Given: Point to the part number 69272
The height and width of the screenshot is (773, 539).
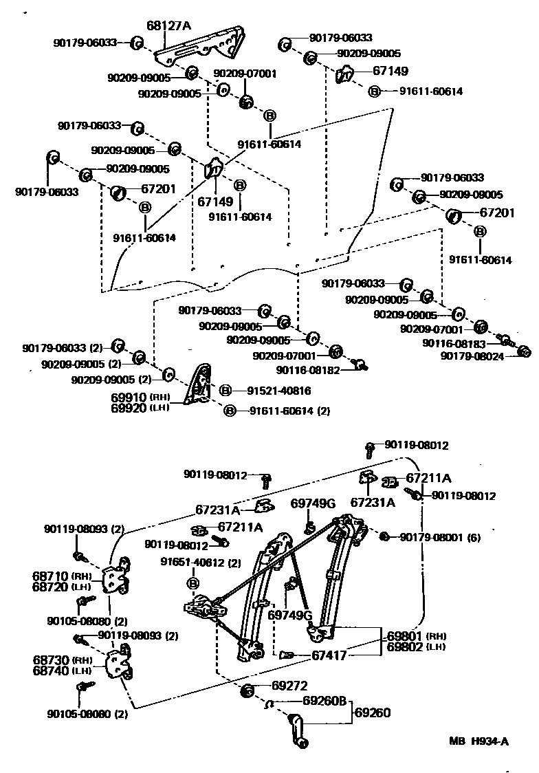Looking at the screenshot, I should pos(289,686).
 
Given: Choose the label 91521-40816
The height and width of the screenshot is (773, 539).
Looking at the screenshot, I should pos(279,391).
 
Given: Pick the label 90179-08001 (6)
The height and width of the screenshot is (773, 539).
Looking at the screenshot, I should pos(440,537).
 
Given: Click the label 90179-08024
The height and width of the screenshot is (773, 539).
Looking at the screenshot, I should pos(473,356).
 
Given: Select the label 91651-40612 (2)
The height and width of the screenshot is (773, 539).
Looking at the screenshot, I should pos(201,563).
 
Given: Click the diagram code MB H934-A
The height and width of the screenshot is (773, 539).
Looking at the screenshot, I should pos(478,741).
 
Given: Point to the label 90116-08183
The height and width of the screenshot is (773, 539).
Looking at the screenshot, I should pos(454,343).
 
